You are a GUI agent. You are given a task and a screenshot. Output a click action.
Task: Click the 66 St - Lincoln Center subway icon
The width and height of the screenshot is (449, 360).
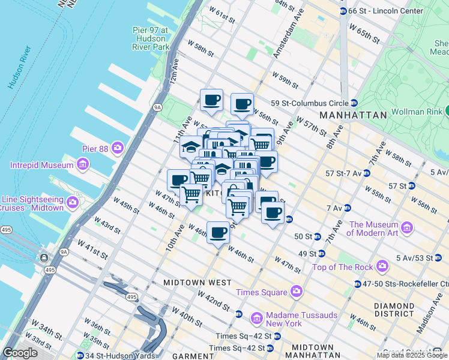click(x=343, y=11)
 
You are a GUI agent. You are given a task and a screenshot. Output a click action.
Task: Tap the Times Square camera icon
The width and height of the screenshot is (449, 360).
click(x=296, y=292)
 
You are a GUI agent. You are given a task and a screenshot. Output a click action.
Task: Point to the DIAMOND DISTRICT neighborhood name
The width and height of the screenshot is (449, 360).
click(x=394, y=310)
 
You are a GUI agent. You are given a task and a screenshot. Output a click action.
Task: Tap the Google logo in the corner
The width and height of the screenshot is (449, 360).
click(x=20, y=353)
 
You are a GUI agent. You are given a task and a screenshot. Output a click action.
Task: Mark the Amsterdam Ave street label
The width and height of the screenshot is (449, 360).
click(x=286, y=37)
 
